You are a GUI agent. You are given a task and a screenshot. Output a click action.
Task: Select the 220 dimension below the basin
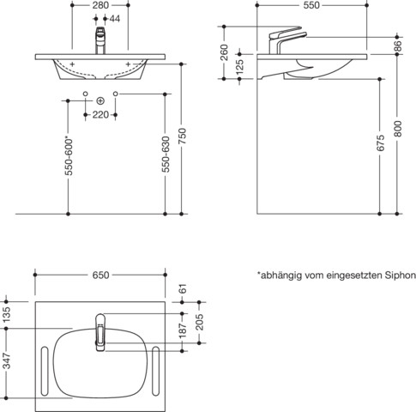pyautogui.click(x=100, y=113)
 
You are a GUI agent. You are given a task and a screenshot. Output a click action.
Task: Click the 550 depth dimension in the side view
pyautogui.click(x=312, y=5)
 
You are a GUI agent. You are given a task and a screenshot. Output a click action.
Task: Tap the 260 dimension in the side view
pyautogui.click(x=224, y=52)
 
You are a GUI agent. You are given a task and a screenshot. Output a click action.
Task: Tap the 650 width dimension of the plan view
pyautogui.click(x=100, y=276)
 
